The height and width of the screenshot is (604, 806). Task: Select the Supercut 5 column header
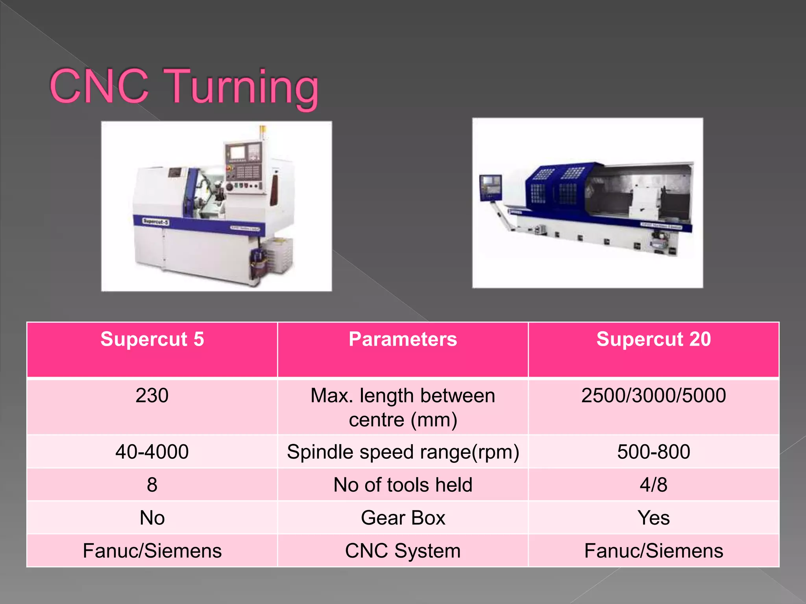[x=152, y=339]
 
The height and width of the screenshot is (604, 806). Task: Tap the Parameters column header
[x=403, y=339]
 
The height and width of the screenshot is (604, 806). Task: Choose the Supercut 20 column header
[x=653, y=339]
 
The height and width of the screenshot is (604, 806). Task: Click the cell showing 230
[x=152, y=395]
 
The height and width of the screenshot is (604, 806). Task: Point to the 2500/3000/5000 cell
[x=653, y=395]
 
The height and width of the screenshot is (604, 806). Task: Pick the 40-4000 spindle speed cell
[x=152, y=451]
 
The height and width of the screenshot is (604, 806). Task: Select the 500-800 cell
[x=653, y=451]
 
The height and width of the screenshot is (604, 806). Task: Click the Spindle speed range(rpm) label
[x=403, y=452]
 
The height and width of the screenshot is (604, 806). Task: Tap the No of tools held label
[x=403, y=484]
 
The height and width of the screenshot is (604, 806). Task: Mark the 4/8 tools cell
[x=653, y=484]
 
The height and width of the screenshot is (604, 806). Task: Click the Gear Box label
[x=403, y=517]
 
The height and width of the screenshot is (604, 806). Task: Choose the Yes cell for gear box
[x=653, y=517]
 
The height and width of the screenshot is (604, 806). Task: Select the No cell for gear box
[x=152, y=517]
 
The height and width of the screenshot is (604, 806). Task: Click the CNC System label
[x=403, y=551]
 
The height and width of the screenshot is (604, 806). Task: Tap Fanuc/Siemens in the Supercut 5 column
[x=152, y=551]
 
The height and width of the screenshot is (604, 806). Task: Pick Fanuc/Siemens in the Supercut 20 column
[x=653, y=551]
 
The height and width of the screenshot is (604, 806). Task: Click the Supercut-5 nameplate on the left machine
[x=156, y=222]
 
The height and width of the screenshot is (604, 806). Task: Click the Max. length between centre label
[x=403, y=407]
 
